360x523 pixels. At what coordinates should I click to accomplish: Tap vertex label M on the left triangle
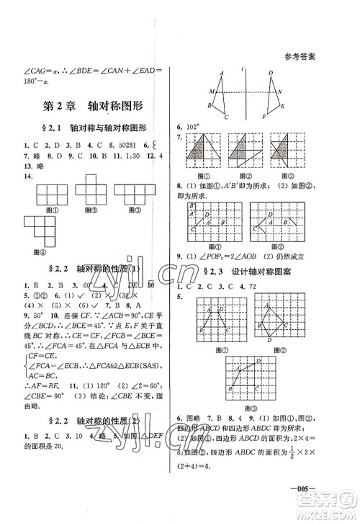coord(211,91)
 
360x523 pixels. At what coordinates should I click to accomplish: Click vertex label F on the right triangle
coord(264,116)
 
